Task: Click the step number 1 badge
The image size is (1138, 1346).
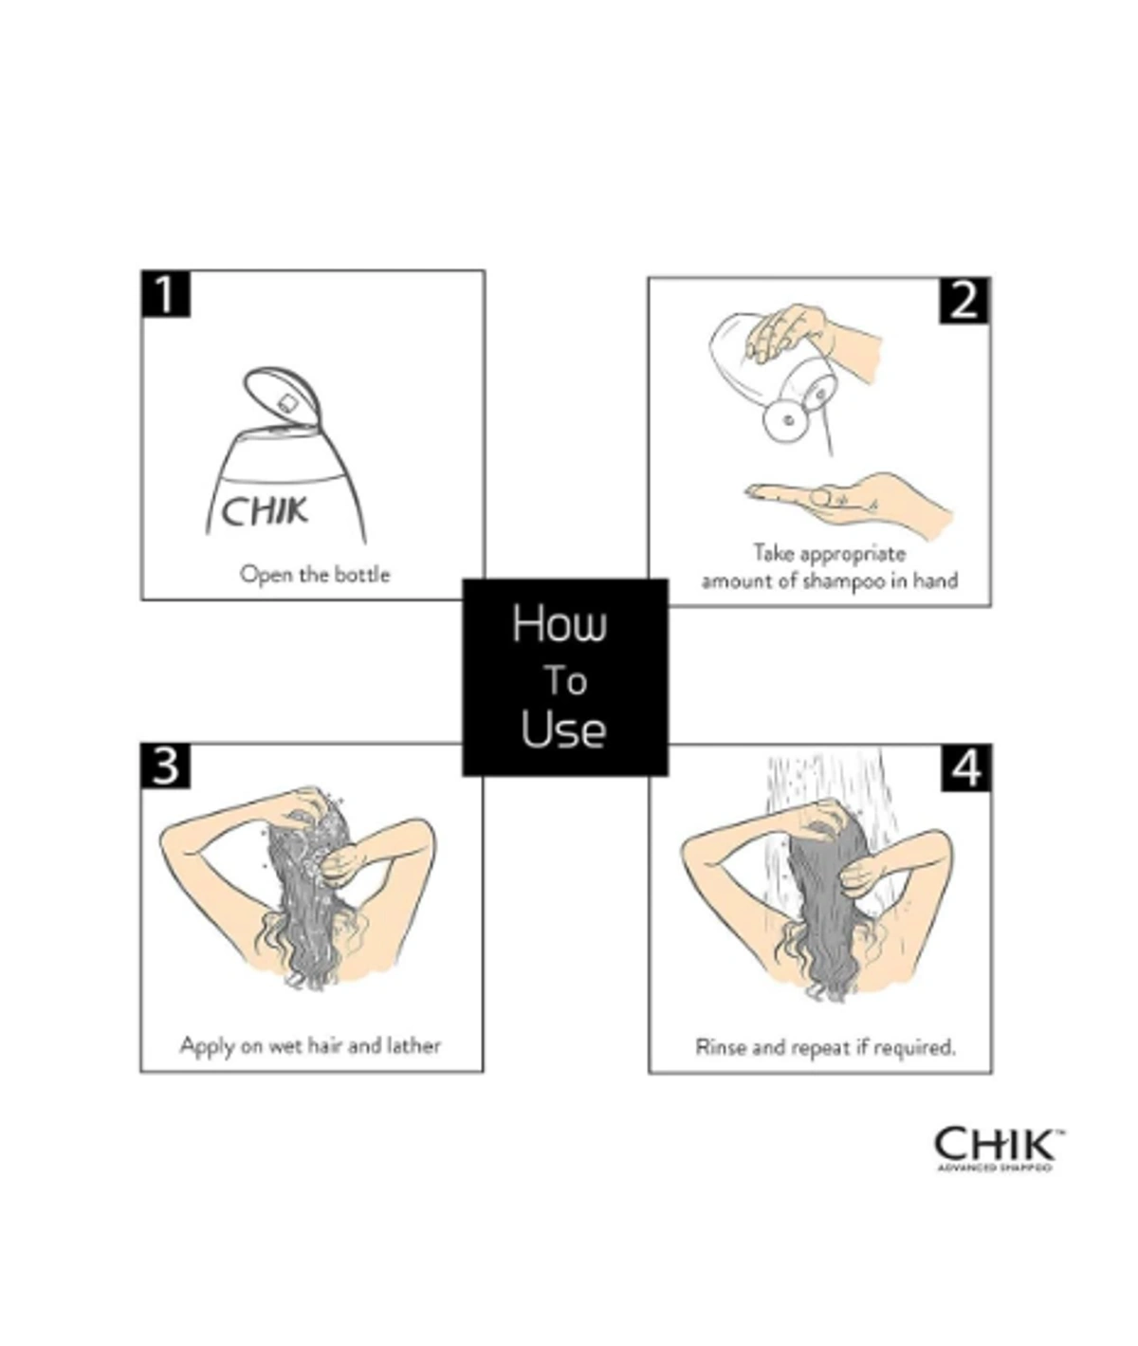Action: coord(166,295)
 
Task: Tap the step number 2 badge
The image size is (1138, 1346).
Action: coord(964,301)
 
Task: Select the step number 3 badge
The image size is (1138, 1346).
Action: coord(166,765)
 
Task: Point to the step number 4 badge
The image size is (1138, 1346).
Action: coord(966,767)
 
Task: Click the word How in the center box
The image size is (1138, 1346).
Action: coord(560,624)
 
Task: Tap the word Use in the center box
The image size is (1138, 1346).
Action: coord(563,730)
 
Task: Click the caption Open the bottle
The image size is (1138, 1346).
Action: coord(314,574)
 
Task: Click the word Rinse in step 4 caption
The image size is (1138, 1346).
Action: coord(721,1047)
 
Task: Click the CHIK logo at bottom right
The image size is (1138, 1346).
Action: coord(996,1143)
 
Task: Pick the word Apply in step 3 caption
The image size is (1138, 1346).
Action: coord(206,1046)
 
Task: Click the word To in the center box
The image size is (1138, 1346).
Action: coord(565,680)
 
